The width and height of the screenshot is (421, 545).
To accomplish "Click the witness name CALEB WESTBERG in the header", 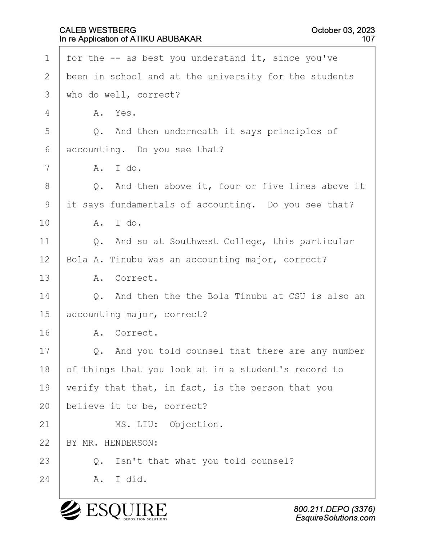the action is [x=98, y=30].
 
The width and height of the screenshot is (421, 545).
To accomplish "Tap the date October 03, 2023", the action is [x=343, y=30].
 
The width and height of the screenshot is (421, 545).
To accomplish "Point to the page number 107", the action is [x=368, y=39].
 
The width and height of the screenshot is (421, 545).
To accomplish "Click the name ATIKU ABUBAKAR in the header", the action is [x=166, y=39].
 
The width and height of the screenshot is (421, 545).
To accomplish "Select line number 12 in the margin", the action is [x=45, y=260].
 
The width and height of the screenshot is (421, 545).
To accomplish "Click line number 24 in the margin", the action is [x=45, y=479].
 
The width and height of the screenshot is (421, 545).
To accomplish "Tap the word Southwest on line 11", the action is [x=194, y=241].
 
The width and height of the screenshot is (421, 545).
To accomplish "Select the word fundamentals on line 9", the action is [x=142, y=205].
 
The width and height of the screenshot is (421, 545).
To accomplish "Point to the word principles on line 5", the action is [x=294, y=132].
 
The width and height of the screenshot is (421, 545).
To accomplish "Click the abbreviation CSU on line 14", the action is [x=297, y=296].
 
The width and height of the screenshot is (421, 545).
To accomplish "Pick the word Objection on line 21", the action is [x=196, y=425].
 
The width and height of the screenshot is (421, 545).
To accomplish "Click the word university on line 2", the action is [x=235, y=77].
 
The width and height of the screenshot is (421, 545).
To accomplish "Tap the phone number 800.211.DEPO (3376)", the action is [x=335, y=509].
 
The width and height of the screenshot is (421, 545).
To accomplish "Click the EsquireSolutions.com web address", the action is [x=335, y=518].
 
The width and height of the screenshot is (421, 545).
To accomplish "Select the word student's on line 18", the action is [x=264, y=369].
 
